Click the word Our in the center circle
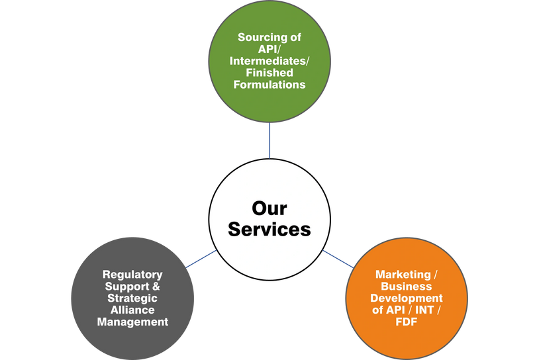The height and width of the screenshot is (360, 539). pyautogui.click(x=269, y=208)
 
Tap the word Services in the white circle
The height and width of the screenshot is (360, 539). pyautogui.click(x=269, y=230)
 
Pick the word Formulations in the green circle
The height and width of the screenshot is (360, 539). pyautogui.click(x=269, y=85)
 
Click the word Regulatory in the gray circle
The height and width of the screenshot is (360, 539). pyautogui.click(x=132, y=275)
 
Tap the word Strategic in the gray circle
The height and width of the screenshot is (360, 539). pyautogui.click(x=132, y=298)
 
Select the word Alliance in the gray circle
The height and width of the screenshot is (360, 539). pyautogui.click(x=132, y=310)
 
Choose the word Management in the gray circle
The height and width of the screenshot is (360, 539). pyautogui.click(x=132, y=322)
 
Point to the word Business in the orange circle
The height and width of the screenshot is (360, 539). pyautogui.click(x=407, y=287)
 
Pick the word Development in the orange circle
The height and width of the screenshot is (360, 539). pyautogui.click(x=407, y=298)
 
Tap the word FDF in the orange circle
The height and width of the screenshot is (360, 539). pyautogui.click(x=407, y=322)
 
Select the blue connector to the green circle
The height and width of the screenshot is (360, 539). pyautogui.click(x=269, y=140)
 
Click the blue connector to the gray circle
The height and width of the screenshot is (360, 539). pyautogui.click(x=201, y=259)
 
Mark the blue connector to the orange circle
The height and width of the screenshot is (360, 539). pyautogui.click(x=338, y=259)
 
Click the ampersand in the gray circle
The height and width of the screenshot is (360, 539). pyautogui.click(x=156, y=287)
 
